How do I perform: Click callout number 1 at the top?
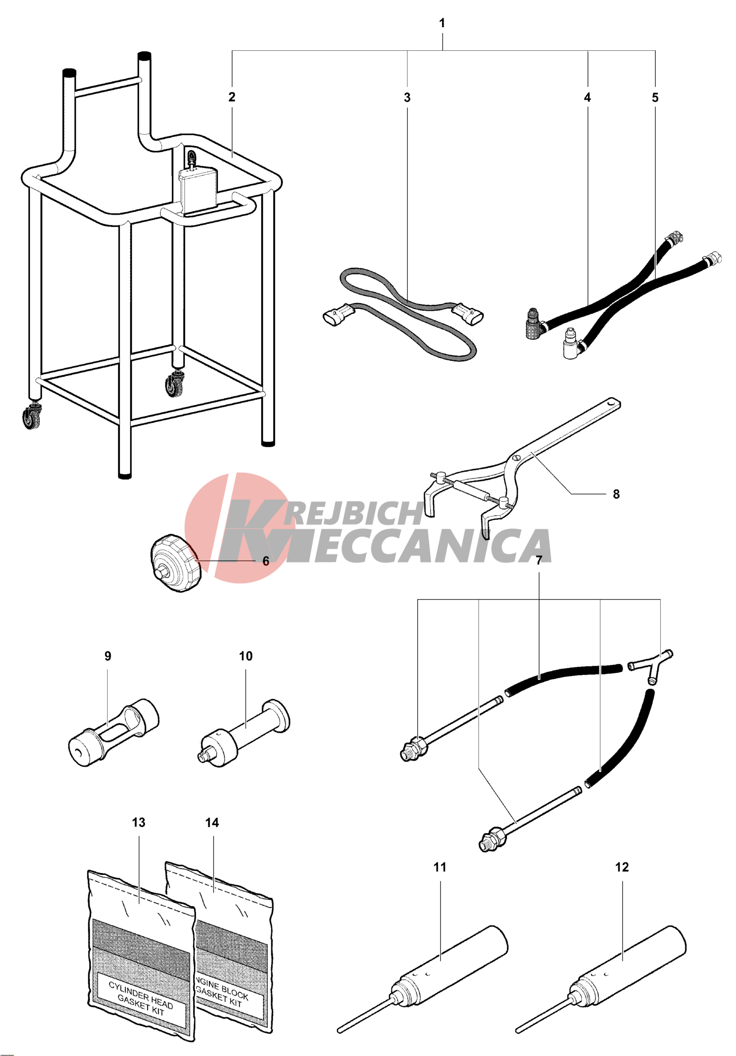click(442, 23)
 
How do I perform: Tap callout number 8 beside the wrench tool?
click(616, 494)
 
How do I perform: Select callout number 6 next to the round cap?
click(265, 561)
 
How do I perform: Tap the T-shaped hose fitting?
click(651, 665)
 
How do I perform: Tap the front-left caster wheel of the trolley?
click(31, 417)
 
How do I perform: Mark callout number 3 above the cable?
click(407, 97)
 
